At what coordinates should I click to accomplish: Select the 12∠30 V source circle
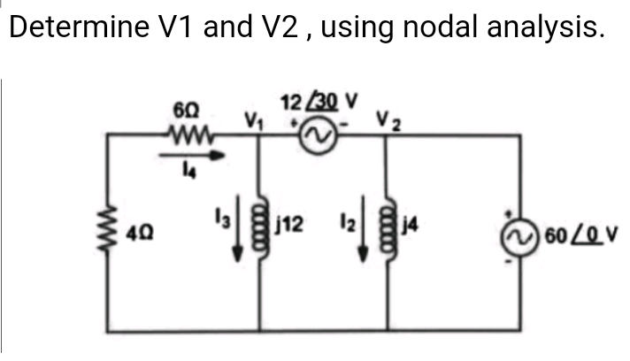click(x=316, y=136)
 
